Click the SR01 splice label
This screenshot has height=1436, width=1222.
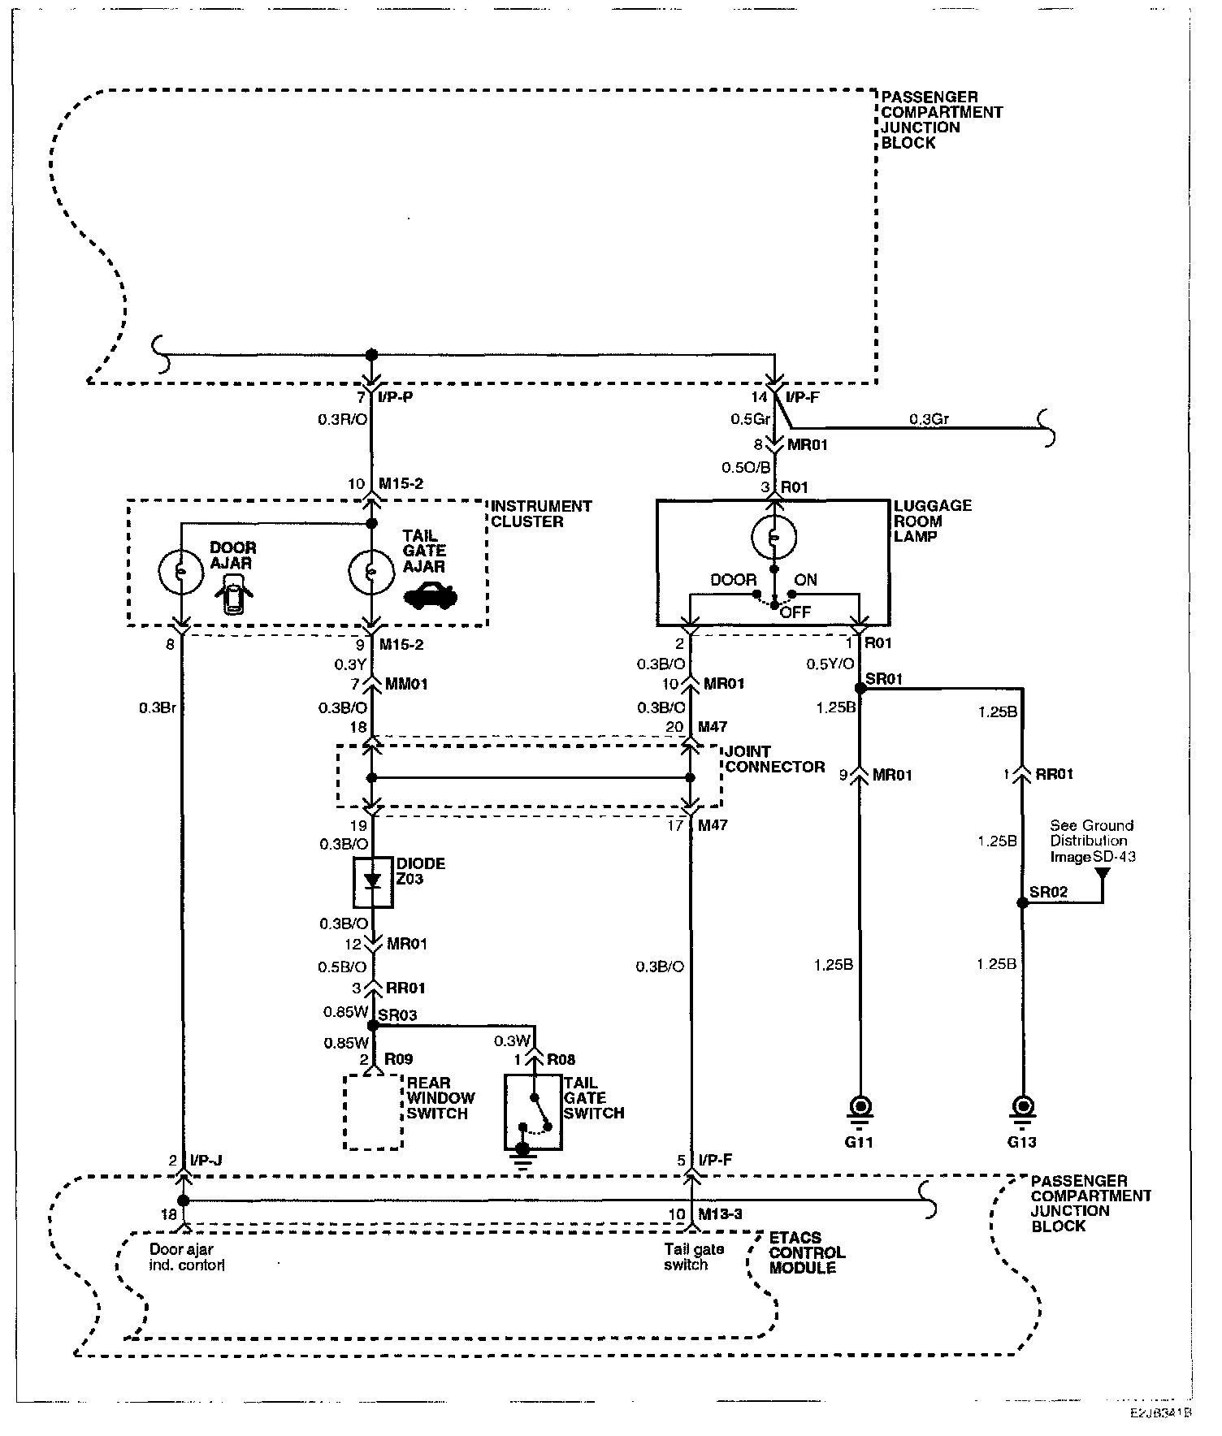point(885,678)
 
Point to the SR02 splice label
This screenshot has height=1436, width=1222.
point(1048,892)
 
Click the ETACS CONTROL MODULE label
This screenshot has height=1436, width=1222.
point(807,1252)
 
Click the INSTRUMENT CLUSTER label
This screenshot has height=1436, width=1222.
point(541,513)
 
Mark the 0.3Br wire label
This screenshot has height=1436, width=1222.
point(157,707)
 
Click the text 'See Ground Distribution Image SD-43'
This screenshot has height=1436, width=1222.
point(1092,841)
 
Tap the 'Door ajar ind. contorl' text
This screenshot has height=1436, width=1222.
point(188,1257)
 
